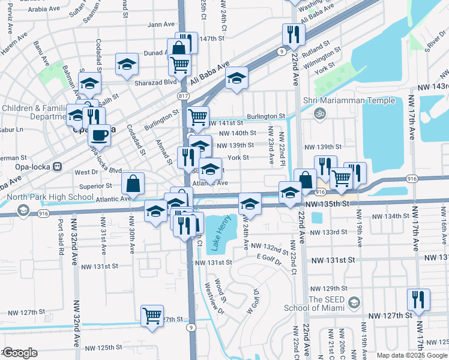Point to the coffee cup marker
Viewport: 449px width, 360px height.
click(x=100, y=134)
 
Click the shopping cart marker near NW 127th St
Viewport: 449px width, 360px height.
click(x=152, y=315)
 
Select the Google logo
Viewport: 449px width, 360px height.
click(x=20, y=353)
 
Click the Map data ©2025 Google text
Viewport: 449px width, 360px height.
click(x=411, y=355)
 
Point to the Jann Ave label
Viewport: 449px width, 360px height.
click(x=160, y=25)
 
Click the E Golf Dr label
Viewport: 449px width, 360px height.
click(x=268, y=257)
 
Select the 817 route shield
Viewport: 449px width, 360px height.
click(x=184, y=96)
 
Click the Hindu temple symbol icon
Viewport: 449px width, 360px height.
click(x=320, y=112)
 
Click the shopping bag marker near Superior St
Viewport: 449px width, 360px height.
click(x=133, y=183)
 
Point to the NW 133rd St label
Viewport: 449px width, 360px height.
click(x=332, y=232)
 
